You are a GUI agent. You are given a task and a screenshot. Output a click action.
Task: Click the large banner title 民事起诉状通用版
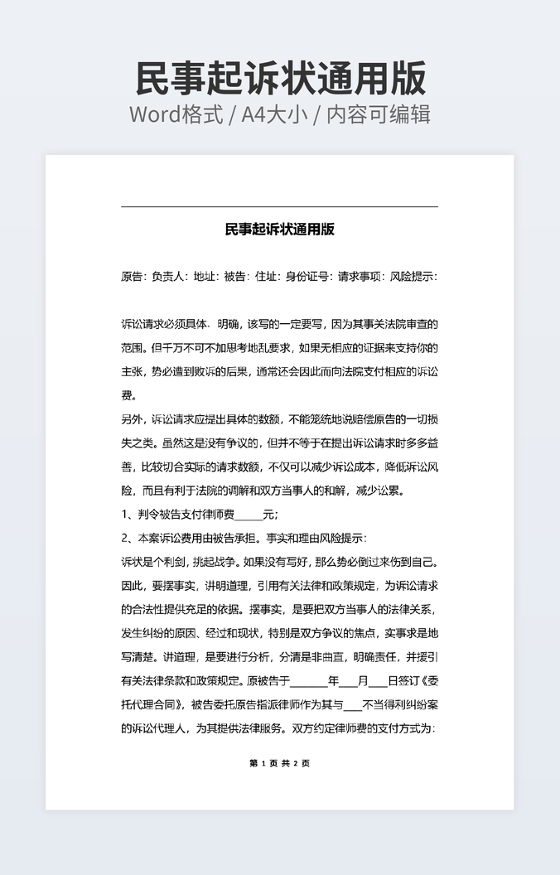coord(280,79)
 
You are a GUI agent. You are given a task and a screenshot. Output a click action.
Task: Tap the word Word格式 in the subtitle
coord(176,114)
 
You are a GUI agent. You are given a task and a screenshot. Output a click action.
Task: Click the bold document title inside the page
coord(279,230)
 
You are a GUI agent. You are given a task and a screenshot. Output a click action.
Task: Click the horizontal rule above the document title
coord(279,206)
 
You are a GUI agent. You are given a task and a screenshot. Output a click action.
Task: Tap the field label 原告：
coord(134,277)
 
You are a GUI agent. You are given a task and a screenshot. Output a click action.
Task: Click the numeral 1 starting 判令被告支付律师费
coord(124,515)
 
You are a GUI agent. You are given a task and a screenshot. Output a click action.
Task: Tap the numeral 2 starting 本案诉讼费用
coord(124,538)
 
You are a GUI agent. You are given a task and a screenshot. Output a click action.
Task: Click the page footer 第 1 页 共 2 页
coord(279,763)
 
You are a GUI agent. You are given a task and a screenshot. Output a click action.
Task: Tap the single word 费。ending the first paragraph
coord(128,395)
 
